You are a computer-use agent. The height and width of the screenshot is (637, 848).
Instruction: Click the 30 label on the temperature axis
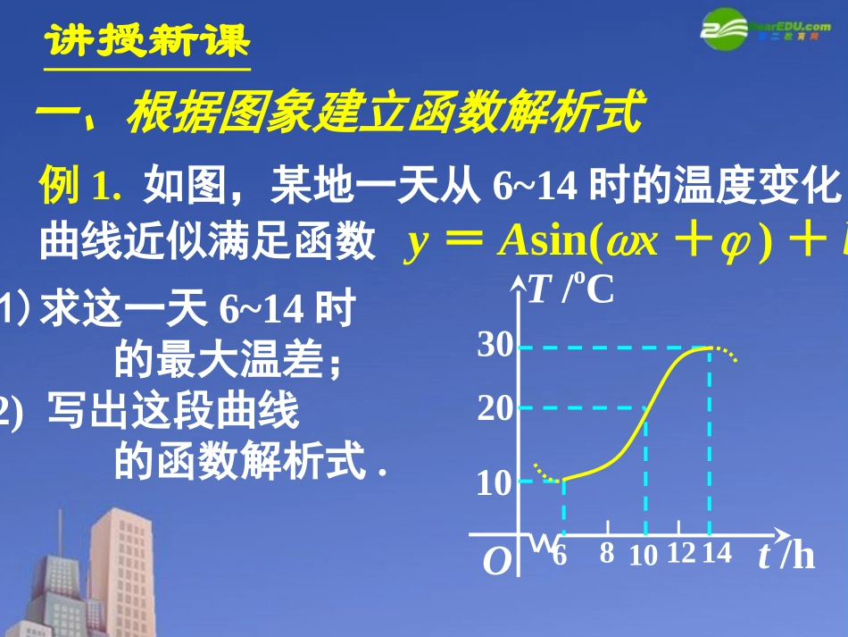pyautogui.click(x=495, y=346)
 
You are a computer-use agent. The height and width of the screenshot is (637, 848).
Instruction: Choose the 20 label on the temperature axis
pyautogui.click(x=495, y=408)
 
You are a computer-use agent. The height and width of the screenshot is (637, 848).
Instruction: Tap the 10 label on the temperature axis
pyautogui.click(x=495, y=483)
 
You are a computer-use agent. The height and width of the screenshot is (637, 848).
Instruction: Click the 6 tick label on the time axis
pyautogui.click(x=560, y=554)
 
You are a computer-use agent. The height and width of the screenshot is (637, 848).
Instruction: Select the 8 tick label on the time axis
pyautogui.click(x=607, y=554)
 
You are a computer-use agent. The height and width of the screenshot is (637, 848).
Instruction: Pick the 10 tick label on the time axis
pyautogui.click(x=643, y=555)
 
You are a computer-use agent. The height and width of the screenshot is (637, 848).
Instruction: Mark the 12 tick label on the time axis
pyautogui.click(x=680, y=554)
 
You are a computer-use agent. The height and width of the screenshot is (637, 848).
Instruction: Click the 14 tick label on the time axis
pyautogui.click(x=716, y=554)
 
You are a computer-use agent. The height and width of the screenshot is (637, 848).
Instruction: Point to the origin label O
pyautogui.click(x=496, y=561)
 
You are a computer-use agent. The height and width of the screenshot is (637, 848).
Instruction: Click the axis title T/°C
pyautogui.click(x=571, y=290)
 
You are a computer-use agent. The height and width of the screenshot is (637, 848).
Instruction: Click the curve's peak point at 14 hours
pyautogui.click(x=710, y=347)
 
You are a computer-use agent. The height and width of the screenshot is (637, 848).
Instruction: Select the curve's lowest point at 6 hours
pyautogui.click(x=563, y=481)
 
